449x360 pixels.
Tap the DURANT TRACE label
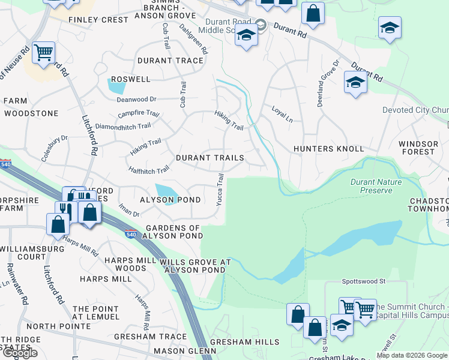point(170,61)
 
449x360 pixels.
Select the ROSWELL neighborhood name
point(130,79)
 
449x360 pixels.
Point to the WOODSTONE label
point(31,113)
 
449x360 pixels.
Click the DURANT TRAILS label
point(209,158)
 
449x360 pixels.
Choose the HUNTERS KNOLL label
point(328,149)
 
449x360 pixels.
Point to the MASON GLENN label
point(185,350)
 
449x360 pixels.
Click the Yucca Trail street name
point(220,188)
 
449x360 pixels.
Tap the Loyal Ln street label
point(282,114)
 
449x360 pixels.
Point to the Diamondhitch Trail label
point(123,127)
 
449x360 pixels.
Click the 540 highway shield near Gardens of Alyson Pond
point(131,234)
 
